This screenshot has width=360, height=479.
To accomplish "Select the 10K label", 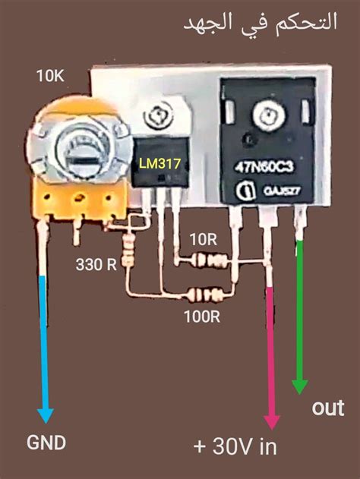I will (x=52, y=76).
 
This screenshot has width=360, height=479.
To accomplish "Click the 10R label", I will (x=203, y=239).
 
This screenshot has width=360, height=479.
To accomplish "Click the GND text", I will (x=46, y=443).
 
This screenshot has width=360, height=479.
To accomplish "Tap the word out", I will (x=328, y=408).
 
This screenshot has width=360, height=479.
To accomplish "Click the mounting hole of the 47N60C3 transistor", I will (x=268, y=116).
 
